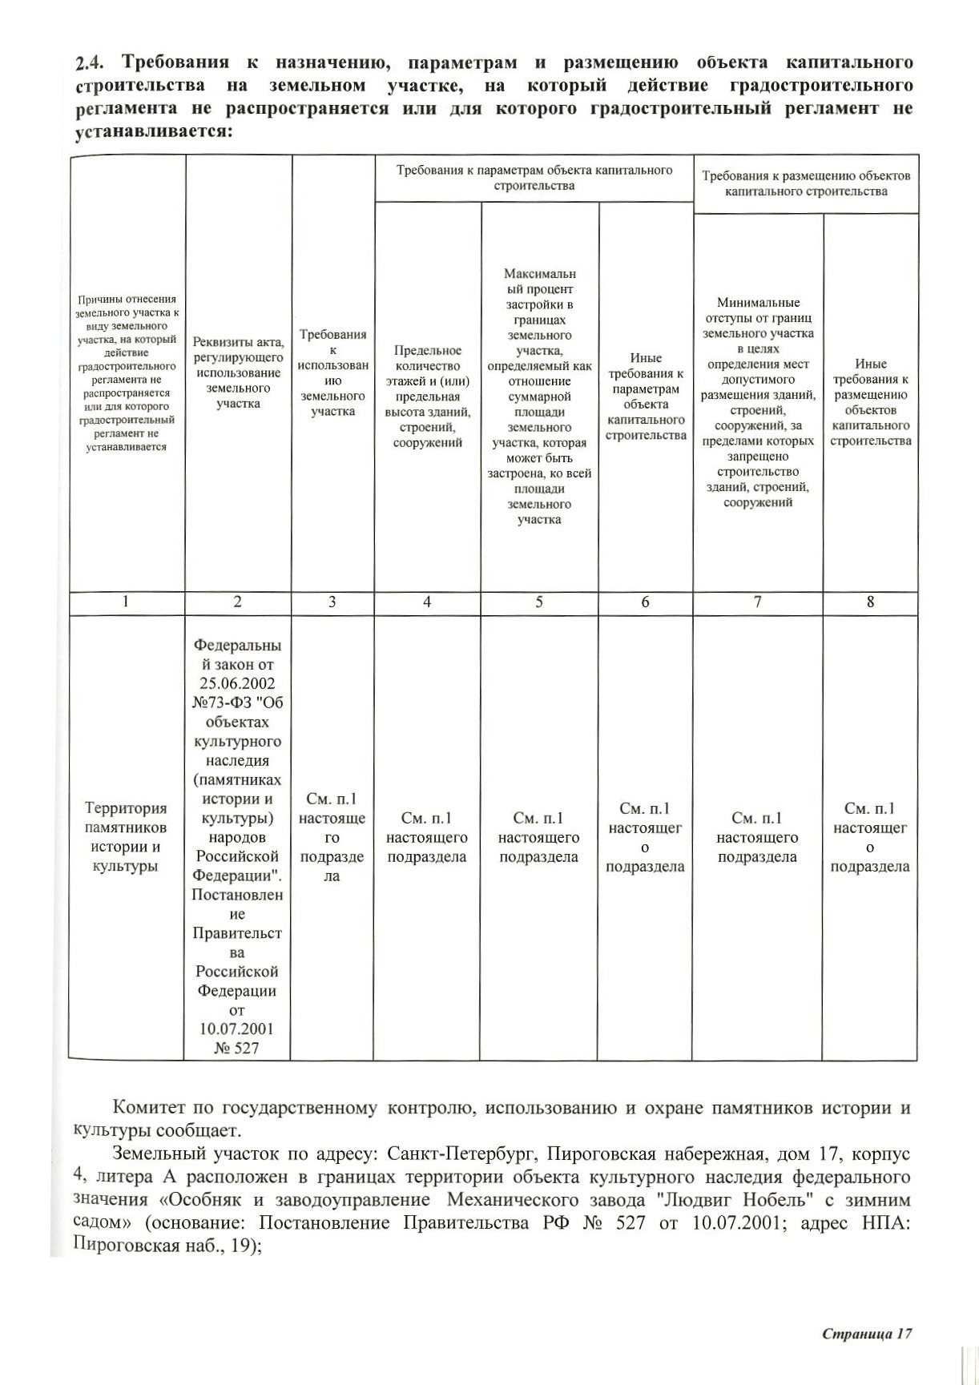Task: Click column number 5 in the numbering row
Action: click(x=539, y=602)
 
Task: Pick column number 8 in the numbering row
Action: click(x=870, y=602)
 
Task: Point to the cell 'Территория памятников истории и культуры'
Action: click(x=127, y=837)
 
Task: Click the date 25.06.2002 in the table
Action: click(x=237, y=683)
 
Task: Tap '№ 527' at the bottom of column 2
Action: click(x=237, y=1048)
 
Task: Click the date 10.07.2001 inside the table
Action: click(x=237, y=1029)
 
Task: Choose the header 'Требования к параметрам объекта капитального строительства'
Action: click(x=534, y=178)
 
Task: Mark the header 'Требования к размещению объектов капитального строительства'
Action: click(x=806, y=183)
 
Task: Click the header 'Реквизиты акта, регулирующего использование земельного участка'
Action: click(x=238, y=373)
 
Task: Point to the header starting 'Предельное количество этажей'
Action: click(x=428, y=397)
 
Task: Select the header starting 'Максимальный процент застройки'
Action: click(x=539, y=397)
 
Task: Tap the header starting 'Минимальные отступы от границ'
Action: click(x=758, y=403)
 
